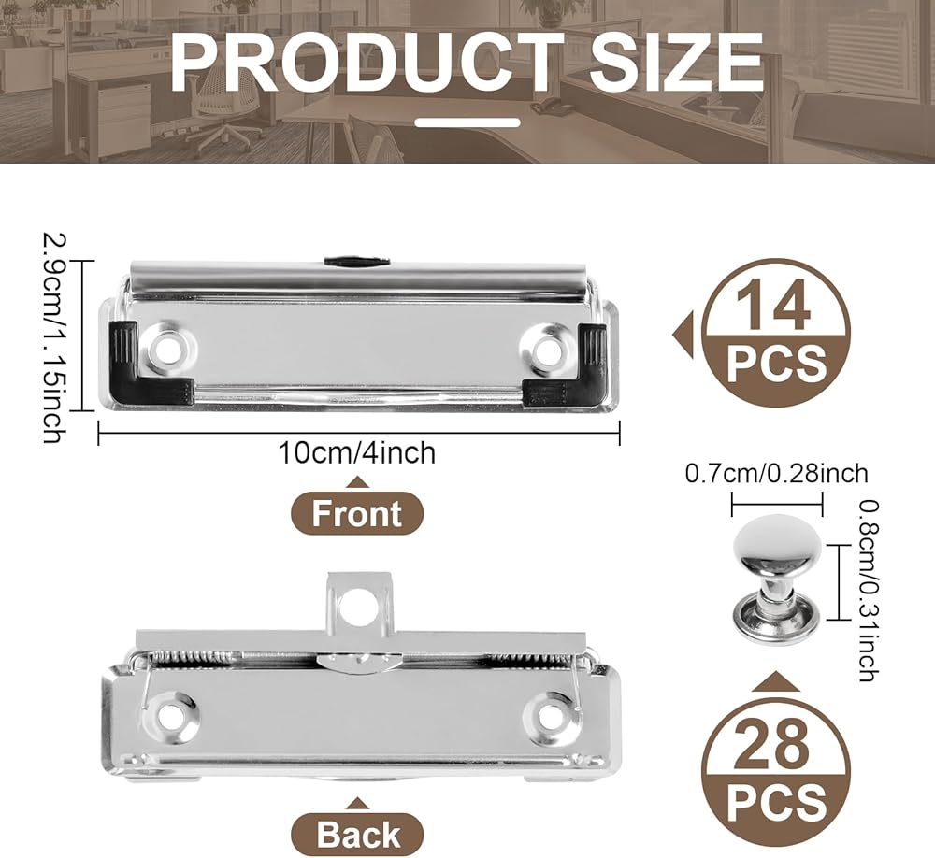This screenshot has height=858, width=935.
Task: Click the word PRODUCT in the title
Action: pyautogui.click(x=367, y=62)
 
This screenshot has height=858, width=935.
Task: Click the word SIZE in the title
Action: pyautogui.click(x=676, y=62)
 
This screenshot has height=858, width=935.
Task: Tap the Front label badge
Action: pyautogui.click(x=357, y=513)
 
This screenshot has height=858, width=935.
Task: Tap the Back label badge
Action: pyautogui.click(x=357, y=834)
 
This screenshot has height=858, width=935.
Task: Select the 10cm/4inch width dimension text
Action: pyautogui.click(x=357, y=453)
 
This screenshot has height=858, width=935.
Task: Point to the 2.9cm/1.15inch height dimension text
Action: pyautogui.click(x=53, y=337)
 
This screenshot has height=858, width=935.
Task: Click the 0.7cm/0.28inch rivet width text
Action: pyautogui.click(x=776, y=474)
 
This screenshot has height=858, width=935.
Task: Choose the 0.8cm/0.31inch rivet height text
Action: pyautogui.click(x=868, y=591)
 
